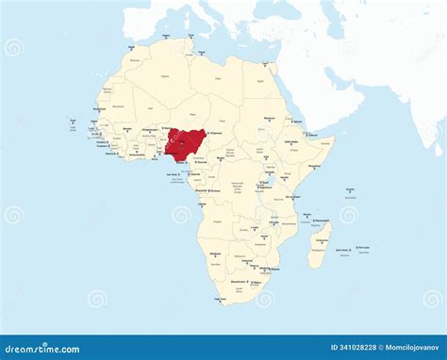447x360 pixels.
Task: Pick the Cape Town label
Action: (220, 299)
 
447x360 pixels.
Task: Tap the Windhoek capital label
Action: (216, 254)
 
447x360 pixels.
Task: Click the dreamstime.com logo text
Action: (42, 349)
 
